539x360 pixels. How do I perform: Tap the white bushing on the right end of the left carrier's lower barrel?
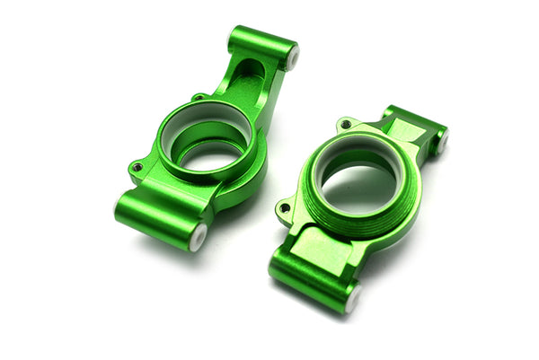click(199, 236)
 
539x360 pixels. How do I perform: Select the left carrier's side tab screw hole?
click(137, 167)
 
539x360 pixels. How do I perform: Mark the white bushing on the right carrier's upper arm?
click(441, 142)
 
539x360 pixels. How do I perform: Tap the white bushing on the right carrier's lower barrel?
click(353, 299)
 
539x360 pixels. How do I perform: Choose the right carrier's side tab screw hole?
click(286, 208)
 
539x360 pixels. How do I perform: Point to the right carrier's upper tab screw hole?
click(346, 124)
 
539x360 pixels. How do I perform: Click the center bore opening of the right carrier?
click(357, 187)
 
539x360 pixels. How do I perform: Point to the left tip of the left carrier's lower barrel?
click(118, 206)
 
